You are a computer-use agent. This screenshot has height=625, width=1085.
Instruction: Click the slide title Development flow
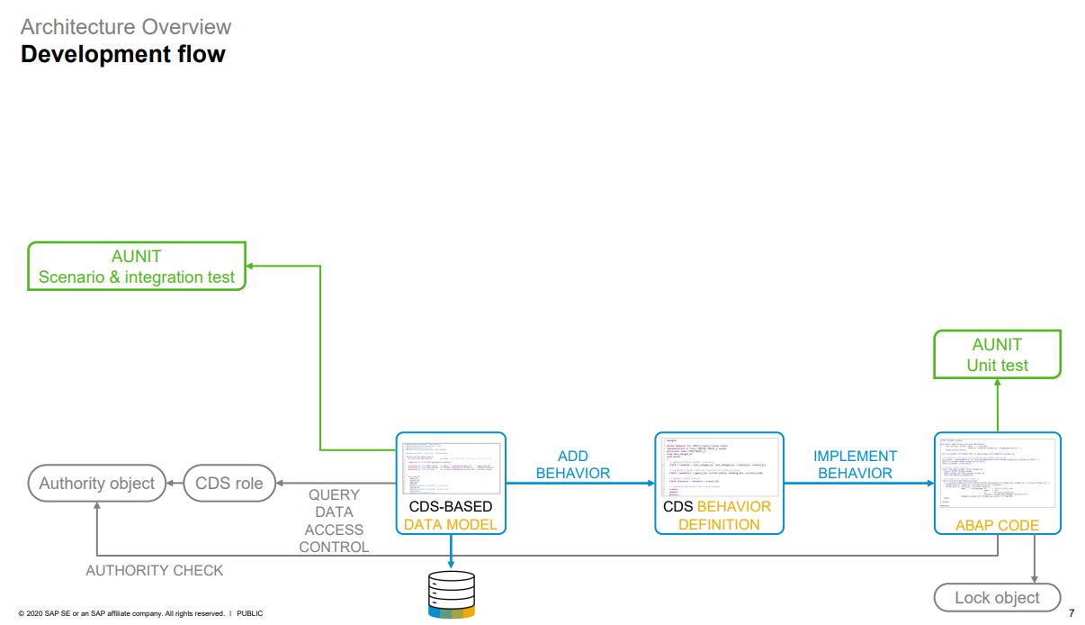pyautogui.click(x=123, y=55)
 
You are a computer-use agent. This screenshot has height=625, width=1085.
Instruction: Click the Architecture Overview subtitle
pyautogui.click(x=126, y=27)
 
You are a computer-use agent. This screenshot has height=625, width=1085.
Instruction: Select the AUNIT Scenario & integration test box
pyautogui.click(x=137, y=267)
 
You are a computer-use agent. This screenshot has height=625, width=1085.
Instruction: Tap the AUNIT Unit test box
pyautogui.click(x=997, y=355)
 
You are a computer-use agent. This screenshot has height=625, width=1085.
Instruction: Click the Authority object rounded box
pyautogui.click(x=97, y=484)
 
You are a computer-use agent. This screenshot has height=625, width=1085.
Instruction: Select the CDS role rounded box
pyautogui.click(x=229, y=484)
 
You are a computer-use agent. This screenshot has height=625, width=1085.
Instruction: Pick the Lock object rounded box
pyautogui.click(x=997, y=597)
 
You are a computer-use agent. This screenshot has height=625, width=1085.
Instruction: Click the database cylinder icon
pyautogui.click(x=451, y=594)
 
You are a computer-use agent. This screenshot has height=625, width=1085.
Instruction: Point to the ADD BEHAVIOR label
pyautogui.click(x=573, y=465)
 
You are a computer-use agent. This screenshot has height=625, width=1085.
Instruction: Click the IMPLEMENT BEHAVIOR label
pyautogui.click(x=855, y=465)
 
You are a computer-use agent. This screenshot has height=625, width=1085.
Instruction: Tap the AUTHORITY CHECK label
pyautogui.click(x=155, y=570)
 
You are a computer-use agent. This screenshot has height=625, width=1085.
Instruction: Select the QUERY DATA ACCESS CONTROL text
pyautogui.click(x=334, y=521)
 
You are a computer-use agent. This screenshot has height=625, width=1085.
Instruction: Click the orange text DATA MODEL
pyautogui.click(x=450, y=524)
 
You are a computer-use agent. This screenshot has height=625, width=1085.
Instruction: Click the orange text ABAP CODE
pyautogui.click(x=997, y=525)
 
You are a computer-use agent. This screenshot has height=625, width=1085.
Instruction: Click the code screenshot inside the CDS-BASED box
pyautogui.click(x=451, y=468)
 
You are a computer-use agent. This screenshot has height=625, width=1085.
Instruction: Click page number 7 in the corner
pyautogui.click(x=1071, y=613)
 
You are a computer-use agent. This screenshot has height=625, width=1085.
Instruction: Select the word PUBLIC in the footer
pyautogui.click(x=250, y=613)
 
